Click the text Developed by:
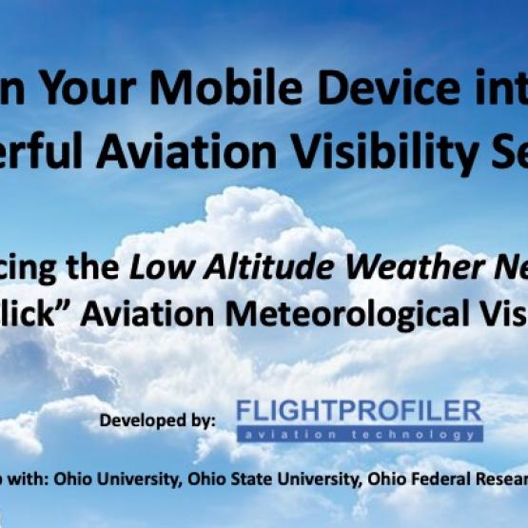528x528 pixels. click(158, 419)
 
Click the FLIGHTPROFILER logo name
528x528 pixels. click(359, 411)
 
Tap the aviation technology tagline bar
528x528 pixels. click(359, 434)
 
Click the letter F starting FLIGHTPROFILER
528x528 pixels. click(244, 411)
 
